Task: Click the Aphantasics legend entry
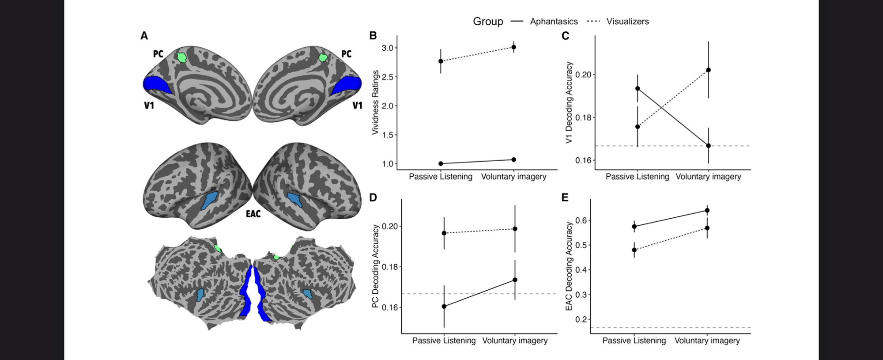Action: (553, 21)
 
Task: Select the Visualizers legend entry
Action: (627, 21)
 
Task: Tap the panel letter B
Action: (373, 36)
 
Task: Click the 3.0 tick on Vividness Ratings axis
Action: (387, 48)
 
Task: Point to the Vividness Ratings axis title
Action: (375, 102)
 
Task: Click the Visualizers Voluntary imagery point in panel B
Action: (513, 47)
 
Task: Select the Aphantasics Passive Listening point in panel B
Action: (441, 163)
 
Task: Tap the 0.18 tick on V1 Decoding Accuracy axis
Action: (582, 117)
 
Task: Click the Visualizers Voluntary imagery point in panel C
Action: (708, 70)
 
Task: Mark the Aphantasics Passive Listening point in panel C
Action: (638, 88)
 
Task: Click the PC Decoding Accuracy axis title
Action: (375, 266)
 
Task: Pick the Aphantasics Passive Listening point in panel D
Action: (444, 306)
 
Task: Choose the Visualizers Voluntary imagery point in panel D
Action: (515, 229)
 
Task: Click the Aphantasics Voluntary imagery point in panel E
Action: (707, 210)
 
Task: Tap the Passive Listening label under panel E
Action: (634, 341)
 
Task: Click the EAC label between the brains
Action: (253, 214)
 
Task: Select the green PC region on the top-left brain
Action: (181, 57)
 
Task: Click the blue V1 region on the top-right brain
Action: (347, 85)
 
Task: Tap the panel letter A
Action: (144, 36)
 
